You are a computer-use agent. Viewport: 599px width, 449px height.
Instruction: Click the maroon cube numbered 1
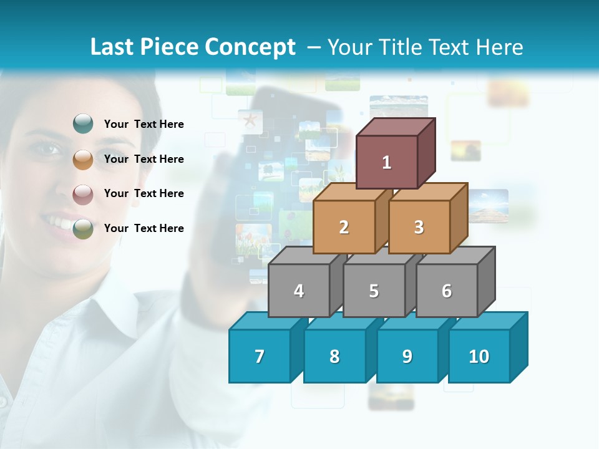(x=387, y=162)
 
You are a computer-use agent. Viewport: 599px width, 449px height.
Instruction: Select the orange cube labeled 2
(x=344, y=227)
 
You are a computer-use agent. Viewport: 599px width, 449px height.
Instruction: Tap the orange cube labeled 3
(x=419, y=227)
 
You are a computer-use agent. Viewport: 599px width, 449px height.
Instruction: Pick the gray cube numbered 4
(x=299, y=291)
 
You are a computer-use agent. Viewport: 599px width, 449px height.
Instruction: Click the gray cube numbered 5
(x=374, y=291)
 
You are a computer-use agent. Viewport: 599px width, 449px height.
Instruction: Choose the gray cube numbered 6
(x=447, y=291)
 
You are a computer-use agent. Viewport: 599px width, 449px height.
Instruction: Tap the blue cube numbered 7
(x=260, y=356)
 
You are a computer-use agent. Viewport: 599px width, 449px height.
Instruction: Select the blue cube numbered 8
(x=334, y=356)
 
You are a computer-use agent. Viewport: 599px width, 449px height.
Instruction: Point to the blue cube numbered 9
(x=407, y=356)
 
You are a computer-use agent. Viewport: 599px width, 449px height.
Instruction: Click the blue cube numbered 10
(x=479, y=356)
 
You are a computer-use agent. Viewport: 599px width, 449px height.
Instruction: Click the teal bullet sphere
(x=82, y=124)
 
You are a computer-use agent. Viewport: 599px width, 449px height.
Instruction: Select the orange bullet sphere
(x=82, y=159)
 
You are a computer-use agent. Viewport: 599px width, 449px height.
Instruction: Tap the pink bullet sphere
(x=82, y=194)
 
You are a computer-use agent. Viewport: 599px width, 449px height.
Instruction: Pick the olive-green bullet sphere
(x=82, y=228)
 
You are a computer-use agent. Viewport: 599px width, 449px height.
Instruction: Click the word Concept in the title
(x=250, y=47)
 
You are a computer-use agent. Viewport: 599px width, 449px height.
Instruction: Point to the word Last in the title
(x=113, y=47)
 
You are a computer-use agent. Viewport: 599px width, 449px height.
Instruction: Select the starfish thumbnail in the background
(x=250, y=119)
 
